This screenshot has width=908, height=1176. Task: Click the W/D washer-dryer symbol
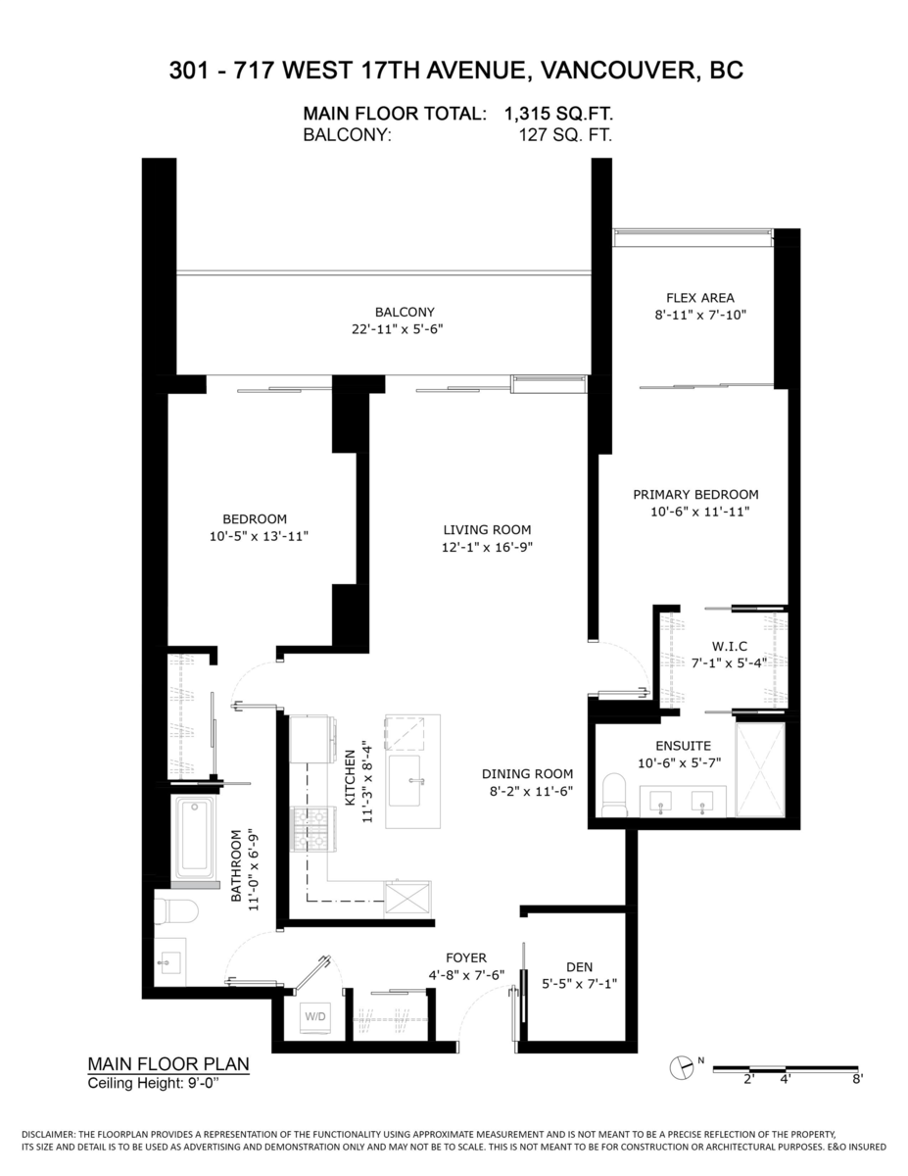(x=315, y=1016)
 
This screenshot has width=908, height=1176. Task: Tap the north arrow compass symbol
(x=680, y=1068)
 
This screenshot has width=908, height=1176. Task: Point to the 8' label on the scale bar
(x=857, y=1080)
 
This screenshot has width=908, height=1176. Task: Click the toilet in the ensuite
(x=614, y=794)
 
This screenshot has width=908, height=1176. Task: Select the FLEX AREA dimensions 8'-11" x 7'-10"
(x=699, y=315)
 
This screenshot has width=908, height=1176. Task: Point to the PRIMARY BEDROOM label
(x=695, y=494)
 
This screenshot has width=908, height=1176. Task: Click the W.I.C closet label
(x=730, y=646)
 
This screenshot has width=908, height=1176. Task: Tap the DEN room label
(x=579, y=965)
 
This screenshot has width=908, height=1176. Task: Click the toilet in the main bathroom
(x=176, y=910)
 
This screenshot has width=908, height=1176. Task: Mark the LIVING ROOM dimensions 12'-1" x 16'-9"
(x=486, y=547)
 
